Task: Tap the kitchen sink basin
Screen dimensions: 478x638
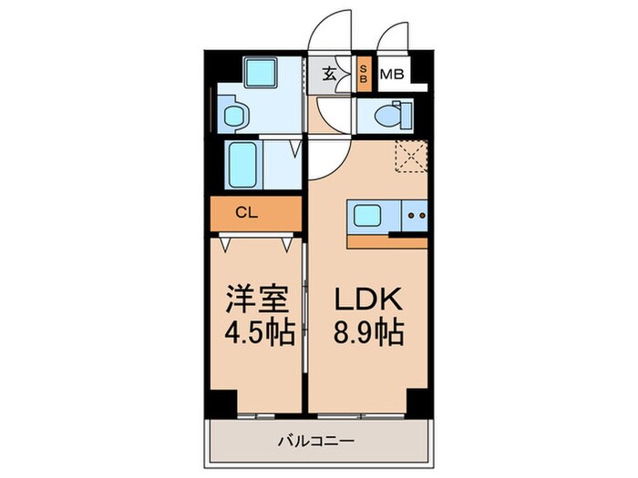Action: [369, 218]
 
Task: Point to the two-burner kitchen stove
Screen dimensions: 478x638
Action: [416, 218]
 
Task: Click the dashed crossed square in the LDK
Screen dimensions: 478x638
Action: [413, 158]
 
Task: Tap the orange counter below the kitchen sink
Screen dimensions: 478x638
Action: [388, 241]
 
